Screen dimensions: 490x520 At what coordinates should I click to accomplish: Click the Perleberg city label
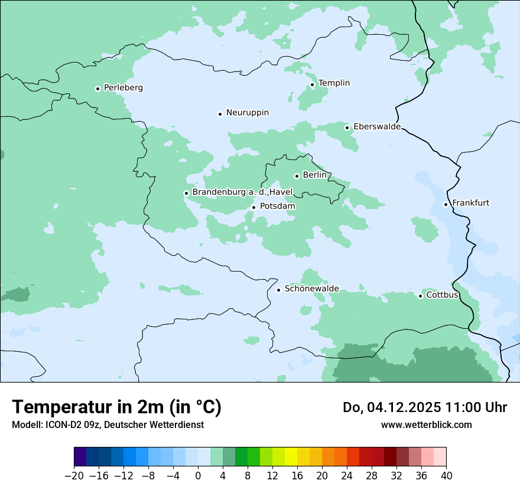pyautogui.click(x=123, y=88)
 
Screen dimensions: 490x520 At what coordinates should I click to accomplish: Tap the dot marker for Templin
pyautogui.click(x=312, y=84)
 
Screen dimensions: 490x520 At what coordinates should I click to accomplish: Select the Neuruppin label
pyautogui.click(x=247, y=113)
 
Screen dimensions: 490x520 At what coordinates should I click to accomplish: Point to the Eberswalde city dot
pyautogui.click(x=347, y=128)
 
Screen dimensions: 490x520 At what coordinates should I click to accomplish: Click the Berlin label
pyautogui.click(x=314, y=175)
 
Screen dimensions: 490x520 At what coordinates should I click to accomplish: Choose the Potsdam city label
pyautogui.click(x=277, y=207)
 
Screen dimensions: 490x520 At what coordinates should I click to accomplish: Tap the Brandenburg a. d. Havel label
pyautogui.click(x=242, y=192)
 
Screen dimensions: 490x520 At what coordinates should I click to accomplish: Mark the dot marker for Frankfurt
pyautogui.click(x=446, y=205)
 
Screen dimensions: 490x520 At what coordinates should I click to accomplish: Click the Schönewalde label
pyautogui.click(x=311, y=289)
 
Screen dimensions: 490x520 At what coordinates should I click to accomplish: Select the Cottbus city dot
pyautogui.click(x=421, y=296)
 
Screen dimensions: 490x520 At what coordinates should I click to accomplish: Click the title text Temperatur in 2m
pyautogui.click(x=116, y=407)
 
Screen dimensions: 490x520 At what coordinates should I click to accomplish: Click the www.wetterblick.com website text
pyautogui.click(x=426, y=425)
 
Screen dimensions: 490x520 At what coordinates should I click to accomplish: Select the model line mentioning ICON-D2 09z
pyautogui.click(x=108, y=425)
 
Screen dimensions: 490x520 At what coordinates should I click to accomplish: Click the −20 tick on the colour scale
pyautogui.click(x=74, y=476)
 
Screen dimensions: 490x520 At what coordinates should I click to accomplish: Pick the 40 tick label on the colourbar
pyautogui.click(x=446, y=476)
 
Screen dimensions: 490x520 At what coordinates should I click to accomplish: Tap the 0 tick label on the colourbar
pyautogui.click(x=198, y=476)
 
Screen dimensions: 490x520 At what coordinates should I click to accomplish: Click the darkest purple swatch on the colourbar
pyautogui.click(x=80, y=457)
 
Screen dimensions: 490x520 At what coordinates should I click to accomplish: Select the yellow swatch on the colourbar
pyautogui.click(x=291, y=457)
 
